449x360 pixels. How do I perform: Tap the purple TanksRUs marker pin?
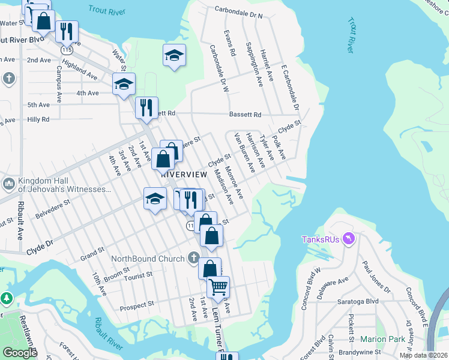349,239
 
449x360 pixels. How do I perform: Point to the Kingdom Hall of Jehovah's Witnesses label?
65,185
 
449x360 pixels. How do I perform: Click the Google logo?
20,353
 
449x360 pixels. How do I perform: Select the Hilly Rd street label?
38,119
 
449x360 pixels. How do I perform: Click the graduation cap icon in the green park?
173,55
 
